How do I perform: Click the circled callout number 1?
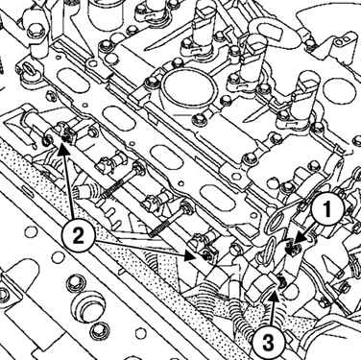click(x=327, y=211)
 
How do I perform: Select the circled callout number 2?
click(x=78, y=236)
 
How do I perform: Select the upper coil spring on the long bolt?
click(x=113, y=189)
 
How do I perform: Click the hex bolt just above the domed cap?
click(x=72, y=283)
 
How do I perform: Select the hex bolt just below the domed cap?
click(x=96, y=330)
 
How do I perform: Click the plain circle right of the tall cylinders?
click(x=337, y=87)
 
